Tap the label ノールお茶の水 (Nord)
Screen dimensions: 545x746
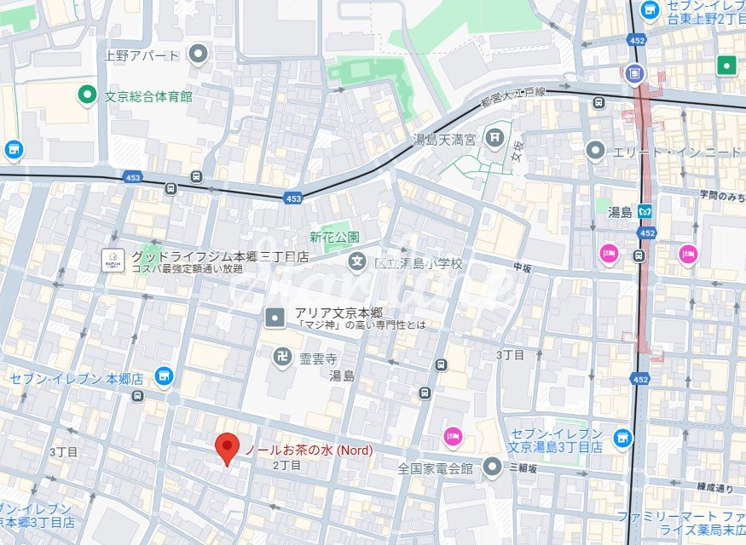(x=309, y=449)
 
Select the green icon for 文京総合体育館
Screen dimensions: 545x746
(x=86, y=95)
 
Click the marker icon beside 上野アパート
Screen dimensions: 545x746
(x=199, y=55)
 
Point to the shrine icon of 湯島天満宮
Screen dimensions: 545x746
(x=494, y=135)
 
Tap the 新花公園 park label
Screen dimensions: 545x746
(x=333, y=237)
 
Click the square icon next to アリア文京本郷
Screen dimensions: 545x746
(x=275, y=318)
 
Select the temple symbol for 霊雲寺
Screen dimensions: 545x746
(x=280, y=356)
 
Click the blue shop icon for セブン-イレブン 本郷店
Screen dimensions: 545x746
(x=164, y=375)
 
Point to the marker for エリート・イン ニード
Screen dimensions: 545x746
(x=595, y=151)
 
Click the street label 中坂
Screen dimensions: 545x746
(x=522, y=267)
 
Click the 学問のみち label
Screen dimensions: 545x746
(x=721, y=195)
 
